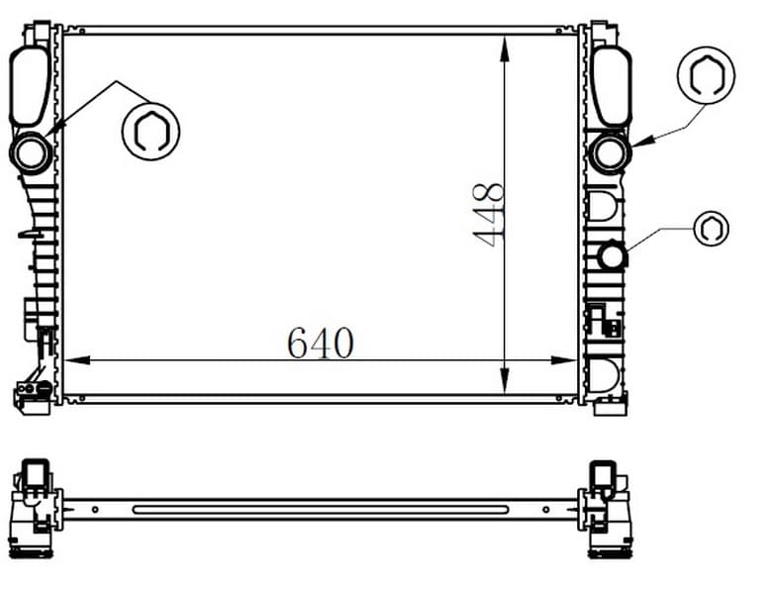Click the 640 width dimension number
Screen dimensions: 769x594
[321, 343]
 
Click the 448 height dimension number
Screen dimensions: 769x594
[489, 215]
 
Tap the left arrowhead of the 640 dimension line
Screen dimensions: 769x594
[77, 360]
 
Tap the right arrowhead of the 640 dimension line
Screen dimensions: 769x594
[563, 360]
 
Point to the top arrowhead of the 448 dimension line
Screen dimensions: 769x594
[504, 49]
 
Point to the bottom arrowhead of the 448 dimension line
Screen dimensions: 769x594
[504, 380]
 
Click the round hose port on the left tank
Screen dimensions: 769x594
[31, 153]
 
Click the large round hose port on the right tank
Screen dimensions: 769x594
[610, 153]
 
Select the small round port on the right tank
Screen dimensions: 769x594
[612, 256]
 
